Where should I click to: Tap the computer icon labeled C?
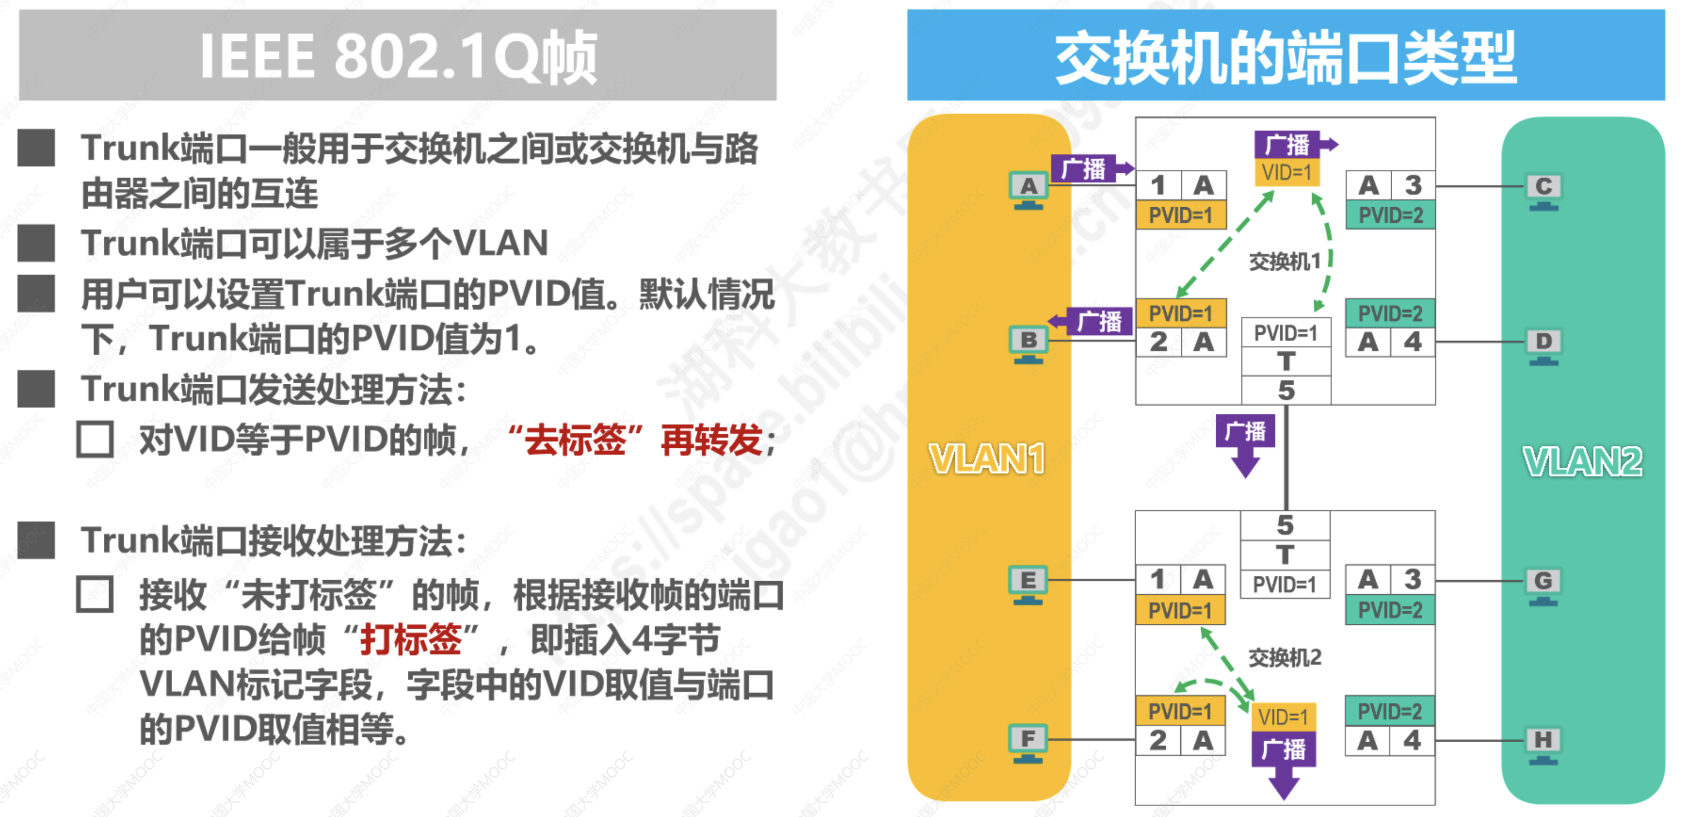pyautogui.click(x=1543, y=191)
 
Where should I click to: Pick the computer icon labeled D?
pyautogui.click(x=1543, y=346)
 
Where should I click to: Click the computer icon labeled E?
pyautogui.click(x=1027, y=584)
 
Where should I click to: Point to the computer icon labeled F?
pyautogui.click(x=1027, y=743)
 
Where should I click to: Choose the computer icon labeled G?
pyautogui.click(x=1543, y=585)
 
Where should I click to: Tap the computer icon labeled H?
pyautogui.click(x=1543, y=744)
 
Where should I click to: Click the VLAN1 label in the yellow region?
pyautogui.click(x=987, y=458)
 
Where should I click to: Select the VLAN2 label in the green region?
pyautogui.click(x=1583, y=461)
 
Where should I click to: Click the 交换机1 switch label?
pyautogui.click(x=1285, y=262)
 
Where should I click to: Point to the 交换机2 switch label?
pyautogui.click(x=1285, y=657)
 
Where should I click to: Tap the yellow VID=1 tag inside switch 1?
pyautogui.click(x=1287, y=173)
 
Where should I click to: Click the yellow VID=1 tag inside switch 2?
pyautogui.click(x=1283, y=717)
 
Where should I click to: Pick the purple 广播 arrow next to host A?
pyautogui.click(x=1091, y=169)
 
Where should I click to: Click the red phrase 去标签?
pyautogui.click(x=575, y=440)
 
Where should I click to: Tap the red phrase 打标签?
pyautogui.click(x=412, y=639)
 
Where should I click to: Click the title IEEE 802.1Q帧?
pyautogui.click(x=398, y=57)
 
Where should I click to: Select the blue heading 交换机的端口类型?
pyautogui.click(x=1286, y=57)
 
